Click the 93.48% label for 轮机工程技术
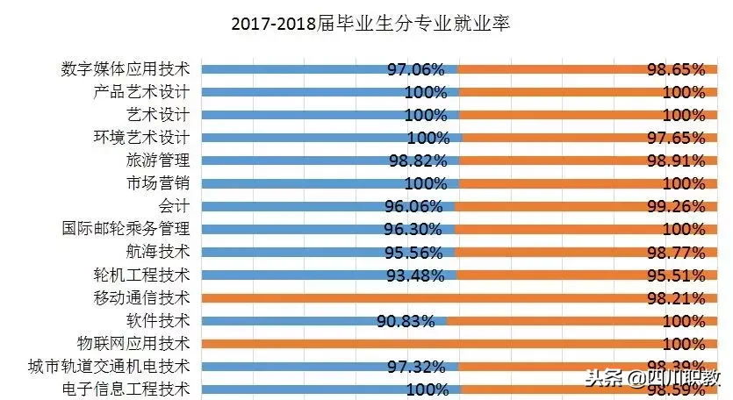[417, 275]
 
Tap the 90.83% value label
[406, 320]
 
